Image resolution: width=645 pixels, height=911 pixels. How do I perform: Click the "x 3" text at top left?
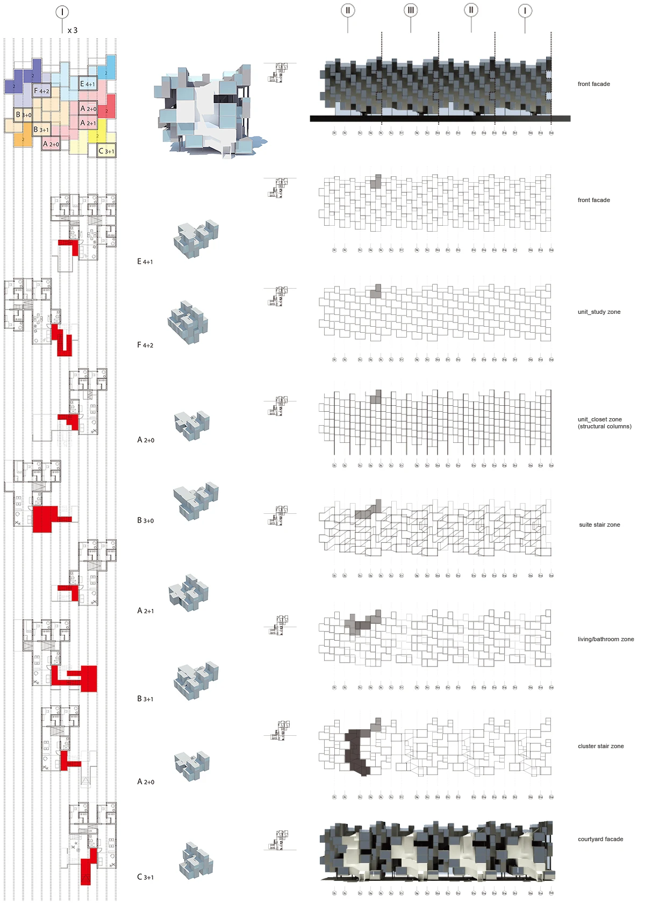point(73,31)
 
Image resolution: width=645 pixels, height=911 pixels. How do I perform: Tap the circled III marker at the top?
point(411,10)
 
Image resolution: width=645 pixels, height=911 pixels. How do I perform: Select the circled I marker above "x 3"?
point(62,12)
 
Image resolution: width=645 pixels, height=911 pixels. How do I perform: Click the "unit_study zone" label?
point(599,312)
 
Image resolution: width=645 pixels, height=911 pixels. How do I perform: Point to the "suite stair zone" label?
point(599,525)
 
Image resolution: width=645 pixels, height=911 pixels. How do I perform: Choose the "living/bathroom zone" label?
point(606,639)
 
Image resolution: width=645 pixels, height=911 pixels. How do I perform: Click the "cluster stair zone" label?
point(600,746)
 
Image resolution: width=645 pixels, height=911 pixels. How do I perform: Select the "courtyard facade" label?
point(600,839)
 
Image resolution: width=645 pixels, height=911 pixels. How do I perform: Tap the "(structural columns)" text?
point(605,427)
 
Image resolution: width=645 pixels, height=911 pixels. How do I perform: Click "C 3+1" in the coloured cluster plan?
point(106,151)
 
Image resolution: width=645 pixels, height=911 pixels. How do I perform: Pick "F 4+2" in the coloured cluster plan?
point(41,91)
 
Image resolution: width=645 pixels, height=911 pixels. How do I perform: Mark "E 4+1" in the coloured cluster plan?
point(88,84)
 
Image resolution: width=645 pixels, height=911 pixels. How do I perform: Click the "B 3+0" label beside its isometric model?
point(145,520)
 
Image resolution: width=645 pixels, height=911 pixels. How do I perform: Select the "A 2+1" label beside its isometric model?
point(145,611)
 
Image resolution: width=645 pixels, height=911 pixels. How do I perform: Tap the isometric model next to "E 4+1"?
point(196,239)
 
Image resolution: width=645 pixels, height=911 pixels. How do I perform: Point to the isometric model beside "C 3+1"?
point(196,860)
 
